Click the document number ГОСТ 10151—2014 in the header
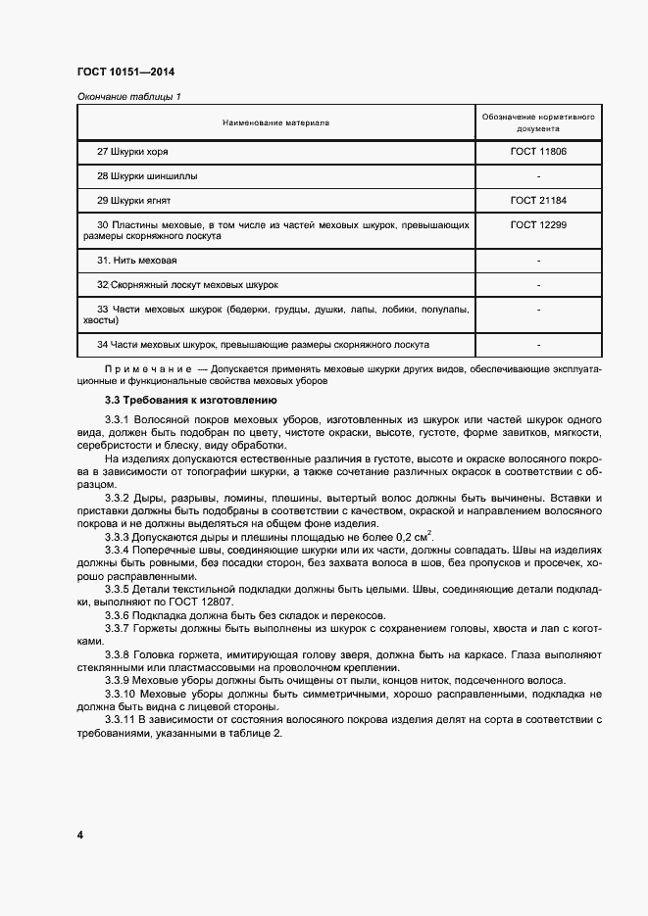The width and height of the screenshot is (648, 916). [125, 72]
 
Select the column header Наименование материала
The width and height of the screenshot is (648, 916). [275, 122]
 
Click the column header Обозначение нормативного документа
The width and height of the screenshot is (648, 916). [538, 122]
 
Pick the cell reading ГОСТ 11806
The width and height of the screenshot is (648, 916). [538, 152]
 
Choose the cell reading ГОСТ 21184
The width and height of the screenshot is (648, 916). [538, 200]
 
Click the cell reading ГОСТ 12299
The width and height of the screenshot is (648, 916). [538, 224]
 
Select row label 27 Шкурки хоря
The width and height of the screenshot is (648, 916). [139, 152]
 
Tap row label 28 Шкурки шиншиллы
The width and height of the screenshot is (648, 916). [147, 176]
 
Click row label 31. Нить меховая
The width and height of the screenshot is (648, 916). [136, 261]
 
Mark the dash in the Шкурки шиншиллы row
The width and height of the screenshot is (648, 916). [539, 176]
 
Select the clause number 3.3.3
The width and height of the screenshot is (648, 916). [117, 537]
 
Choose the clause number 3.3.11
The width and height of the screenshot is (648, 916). [120, 721]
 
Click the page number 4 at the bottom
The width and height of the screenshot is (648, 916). [80, 835]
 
